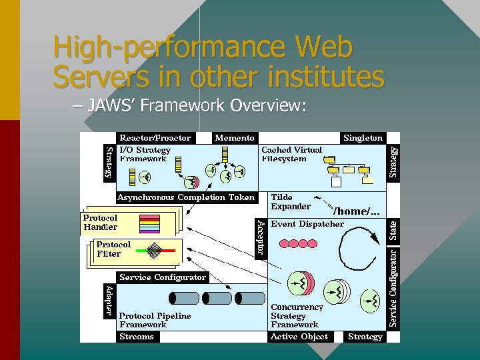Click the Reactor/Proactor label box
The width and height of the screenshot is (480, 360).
point(155,138)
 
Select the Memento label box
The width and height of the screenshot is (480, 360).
point(235,138)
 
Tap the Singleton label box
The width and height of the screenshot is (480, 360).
point(363,138)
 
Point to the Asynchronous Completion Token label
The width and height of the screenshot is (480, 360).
point(186,197)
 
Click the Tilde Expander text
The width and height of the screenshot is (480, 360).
point(291,202)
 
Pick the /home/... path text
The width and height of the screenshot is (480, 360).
point(357,211)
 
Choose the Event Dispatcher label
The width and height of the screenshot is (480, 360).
point(307,224)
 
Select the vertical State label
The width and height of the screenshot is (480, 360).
point(393,231)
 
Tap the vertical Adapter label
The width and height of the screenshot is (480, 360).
point(109,301)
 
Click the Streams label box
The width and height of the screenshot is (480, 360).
point(136,337)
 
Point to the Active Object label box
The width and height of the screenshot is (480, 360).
point(299,337)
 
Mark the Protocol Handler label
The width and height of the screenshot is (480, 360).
point(100,223)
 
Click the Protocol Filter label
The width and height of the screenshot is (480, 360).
point(113,249)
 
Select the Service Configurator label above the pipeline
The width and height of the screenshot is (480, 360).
point(163,277)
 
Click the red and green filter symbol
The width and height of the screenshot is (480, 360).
point(155,251)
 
